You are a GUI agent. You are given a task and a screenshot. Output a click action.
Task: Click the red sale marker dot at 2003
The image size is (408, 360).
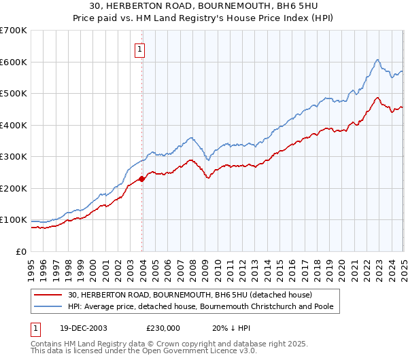(142, 179)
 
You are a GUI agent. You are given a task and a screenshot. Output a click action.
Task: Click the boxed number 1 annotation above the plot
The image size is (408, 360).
(139, 49)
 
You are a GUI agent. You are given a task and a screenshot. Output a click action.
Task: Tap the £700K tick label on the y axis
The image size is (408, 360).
(14, 31)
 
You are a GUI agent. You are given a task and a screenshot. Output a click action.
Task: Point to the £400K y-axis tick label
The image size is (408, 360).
(14, 125)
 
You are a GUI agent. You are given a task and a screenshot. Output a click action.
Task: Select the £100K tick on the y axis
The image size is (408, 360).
(14, 220)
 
